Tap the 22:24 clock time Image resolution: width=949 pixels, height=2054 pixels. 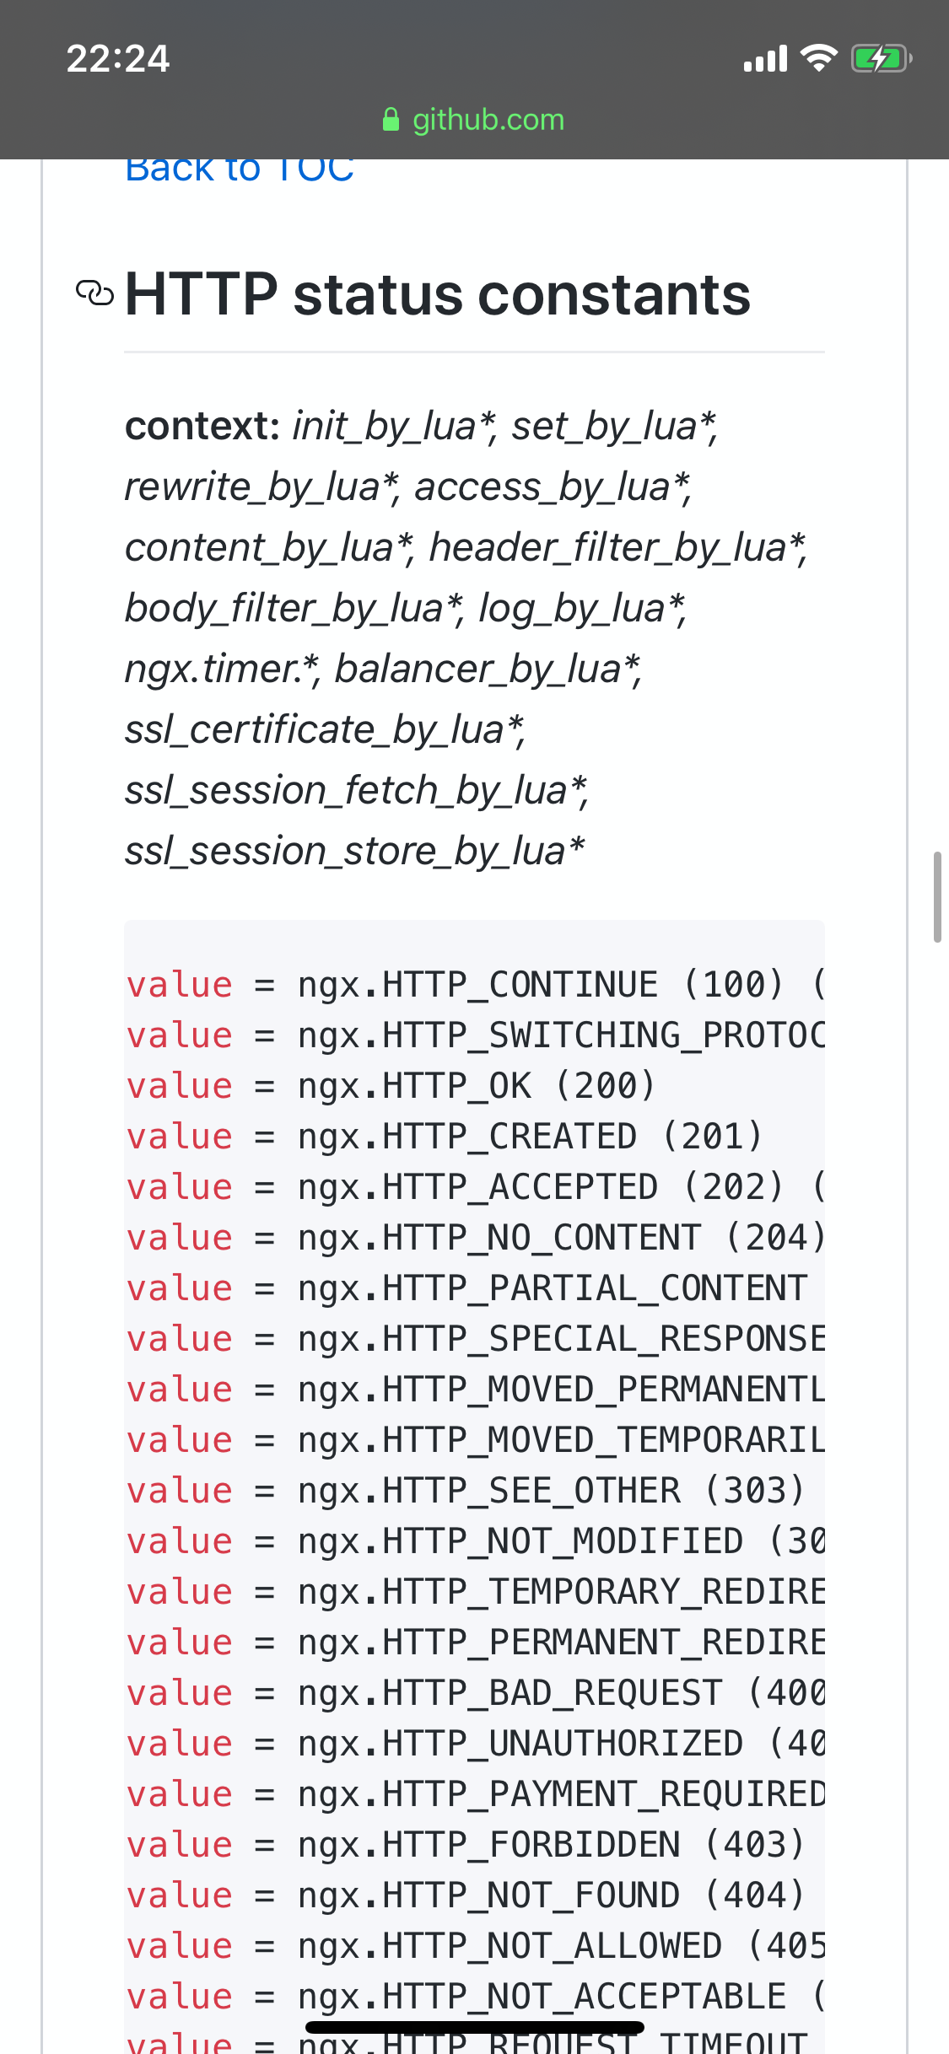click(118, 59)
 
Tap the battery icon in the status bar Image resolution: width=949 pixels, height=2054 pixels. click(881, 59)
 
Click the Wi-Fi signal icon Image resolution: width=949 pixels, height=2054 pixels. click(818, 58)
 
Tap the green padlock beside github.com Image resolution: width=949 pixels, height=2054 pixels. click(391, 120)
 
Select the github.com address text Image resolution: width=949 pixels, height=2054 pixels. click(488, 120)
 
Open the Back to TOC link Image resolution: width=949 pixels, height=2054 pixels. click(240, 169)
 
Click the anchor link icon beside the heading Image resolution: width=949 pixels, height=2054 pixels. click(94, 293)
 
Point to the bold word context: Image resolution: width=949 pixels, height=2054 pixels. click(202, 426)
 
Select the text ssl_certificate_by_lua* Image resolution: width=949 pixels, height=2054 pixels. click(325, 730)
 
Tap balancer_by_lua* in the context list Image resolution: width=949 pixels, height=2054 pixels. click(488, 669)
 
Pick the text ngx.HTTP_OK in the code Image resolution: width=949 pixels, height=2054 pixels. click(414, 1086)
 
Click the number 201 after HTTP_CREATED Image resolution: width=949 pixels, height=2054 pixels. click(713, 1137)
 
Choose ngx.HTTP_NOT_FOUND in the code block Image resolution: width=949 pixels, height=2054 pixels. click(488, 1895)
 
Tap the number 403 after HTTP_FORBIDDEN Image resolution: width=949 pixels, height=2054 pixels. click(755, 1845)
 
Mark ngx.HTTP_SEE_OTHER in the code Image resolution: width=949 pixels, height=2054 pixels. click(488, 1491)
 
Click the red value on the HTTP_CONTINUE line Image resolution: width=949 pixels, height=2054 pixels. click(180, 985)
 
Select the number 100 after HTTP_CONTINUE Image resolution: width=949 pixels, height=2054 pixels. click(734, 985)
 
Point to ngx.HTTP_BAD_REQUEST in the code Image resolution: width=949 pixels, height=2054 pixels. click(510, 1693)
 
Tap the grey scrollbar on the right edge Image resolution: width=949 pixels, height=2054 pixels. click(936, 897)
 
